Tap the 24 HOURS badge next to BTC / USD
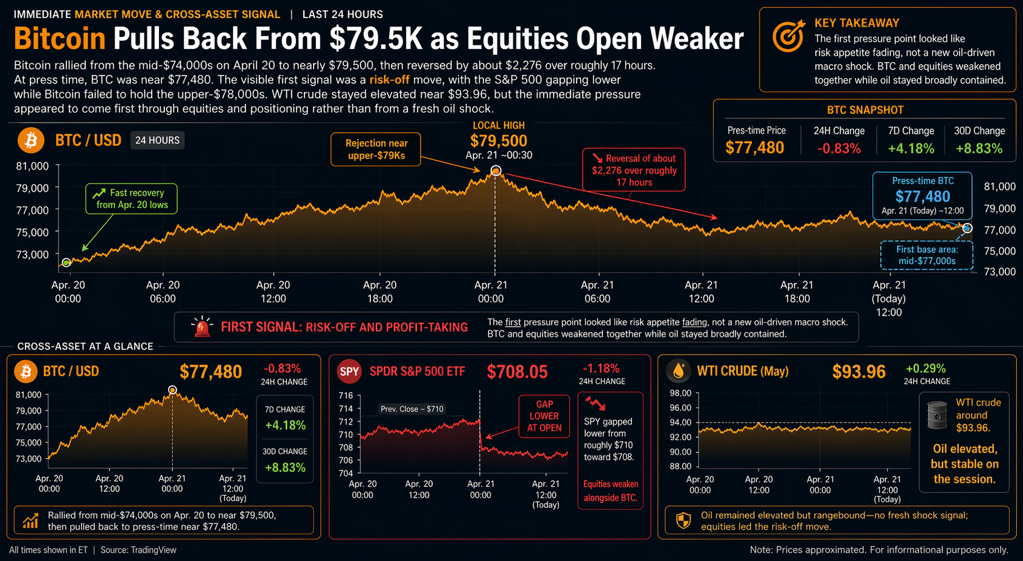pos(157,140)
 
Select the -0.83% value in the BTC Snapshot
pos(839,148)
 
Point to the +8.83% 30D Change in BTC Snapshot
pos(979,148)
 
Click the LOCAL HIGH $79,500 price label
pos(499,141)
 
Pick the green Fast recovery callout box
pos(131,199)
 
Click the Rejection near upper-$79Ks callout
pos(376,149)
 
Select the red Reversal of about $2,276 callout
pos(634,170)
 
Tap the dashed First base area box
pos(926,255)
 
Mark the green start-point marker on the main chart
pos(66,263)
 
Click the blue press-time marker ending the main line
pos(967,228)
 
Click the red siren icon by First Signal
pos(202,327)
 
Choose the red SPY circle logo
pos(349,371)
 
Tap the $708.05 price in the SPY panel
pos(517,372)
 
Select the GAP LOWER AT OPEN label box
pos(544,416)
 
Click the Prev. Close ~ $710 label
pos(411,409)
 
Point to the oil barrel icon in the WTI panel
pos(937,415)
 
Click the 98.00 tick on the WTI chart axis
pos(680,393)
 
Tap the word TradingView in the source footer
pos(153,550)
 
